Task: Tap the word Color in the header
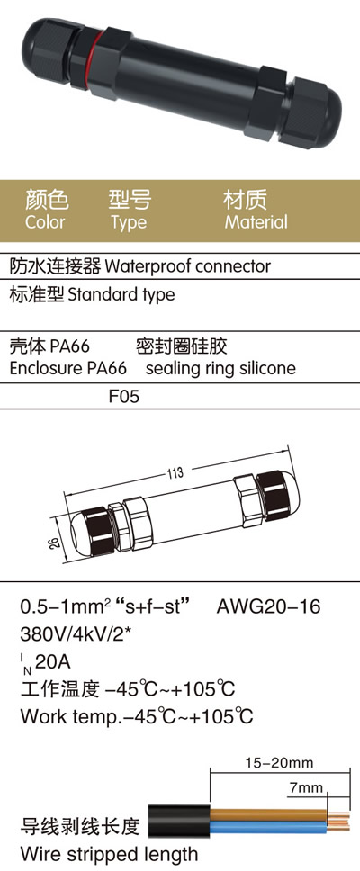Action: (45, 222)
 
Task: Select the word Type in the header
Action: (129, 223)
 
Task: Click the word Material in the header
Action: (256, 222)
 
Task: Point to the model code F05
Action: (124, 397)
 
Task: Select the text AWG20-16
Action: (268, 606)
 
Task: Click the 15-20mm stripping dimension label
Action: (279, 763)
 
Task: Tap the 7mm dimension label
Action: (306, 787)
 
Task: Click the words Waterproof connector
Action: (188, 266)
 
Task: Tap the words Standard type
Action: (121, 294)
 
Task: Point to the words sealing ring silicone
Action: (220, 368)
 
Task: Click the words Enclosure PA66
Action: (67, 368)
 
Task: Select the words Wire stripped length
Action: (109, 854)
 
